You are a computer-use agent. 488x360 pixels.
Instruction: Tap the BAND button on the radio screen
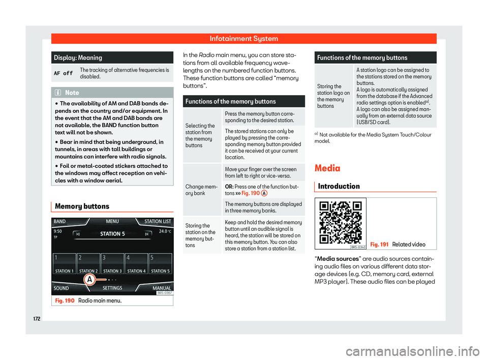click(x=61, y=222)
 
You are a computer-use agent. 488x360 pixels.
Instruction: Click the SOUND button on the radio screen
click(x=62, y=287)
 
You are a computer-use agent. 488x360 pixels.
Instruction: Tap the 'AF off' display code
click(x=63, y=73)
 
